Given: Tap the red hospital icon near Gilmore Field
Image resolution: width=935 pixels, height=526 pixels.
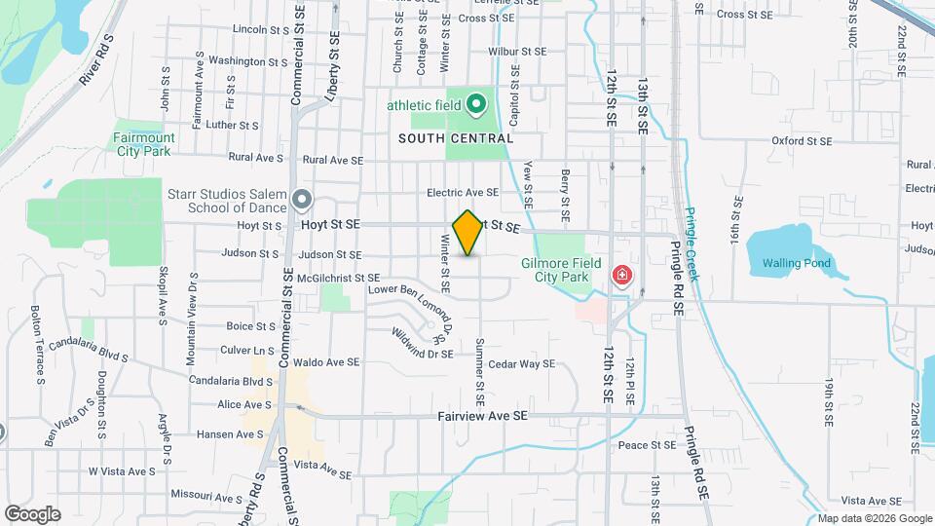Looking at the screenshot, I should [620, 278].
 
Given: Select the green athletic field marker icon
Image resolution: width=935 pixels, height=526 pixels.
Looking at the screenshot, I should [475, 103].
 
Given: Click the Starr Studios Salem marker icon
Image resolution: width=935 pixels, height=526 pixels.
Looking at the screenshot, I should [302, 201].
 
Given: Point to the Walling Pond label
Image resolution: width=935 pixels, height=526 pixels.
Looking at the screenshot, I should [796, 263].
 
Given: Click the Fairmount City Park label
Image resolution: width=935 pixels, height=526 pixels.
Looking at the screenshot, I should [142, 144].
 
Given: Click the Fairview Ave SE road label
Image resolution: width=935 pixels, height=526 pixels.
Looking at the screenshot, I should [482, 416].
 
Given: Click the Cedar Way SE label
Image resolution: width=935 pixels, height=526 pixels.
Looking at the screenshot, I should [521, 364].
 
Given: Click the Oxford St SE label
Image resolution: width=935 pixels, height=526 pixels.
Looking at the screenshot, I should [803, 140].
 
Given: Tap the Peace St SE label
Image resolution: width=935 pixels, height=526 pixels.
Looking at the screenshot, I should [647, 445].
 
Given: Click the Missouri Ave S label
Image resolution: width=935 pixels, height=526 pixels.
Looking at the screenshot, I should [206, 496].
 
